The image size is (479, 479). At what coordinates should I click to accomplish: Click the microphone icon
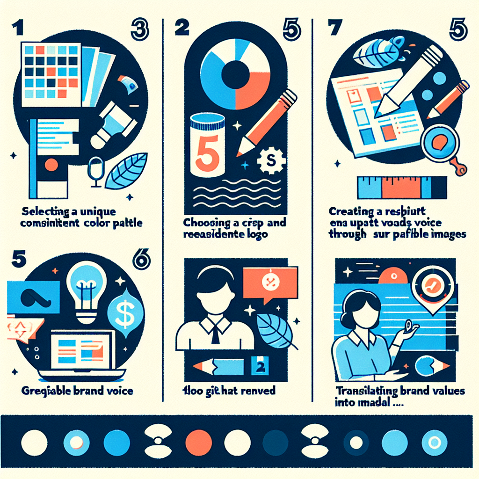pyautogui.click(x=95, y=169)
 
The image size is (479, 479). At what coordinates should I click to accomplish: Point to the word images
pyautogui.click(x=447, y=234)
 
